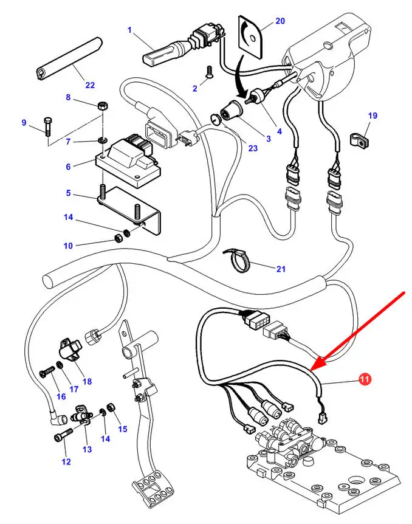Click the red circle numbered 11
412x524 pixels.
[x=365, y=379]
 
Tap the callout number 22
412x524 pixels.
[x=91, y=85]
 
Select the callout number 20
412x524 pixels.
[x=280, y=21]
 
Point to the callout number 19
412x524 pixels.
[x=373, y=115]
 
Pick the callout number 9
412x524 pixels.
[x=24, y=123]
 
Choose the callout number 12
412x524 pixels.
[x=66, y=462]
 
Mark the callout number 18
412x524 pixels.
[x=87, y=382]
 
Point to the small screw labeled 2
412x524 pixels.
[x=209, y=72]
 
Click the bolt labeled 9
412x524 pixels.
[x=47, y=129]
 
